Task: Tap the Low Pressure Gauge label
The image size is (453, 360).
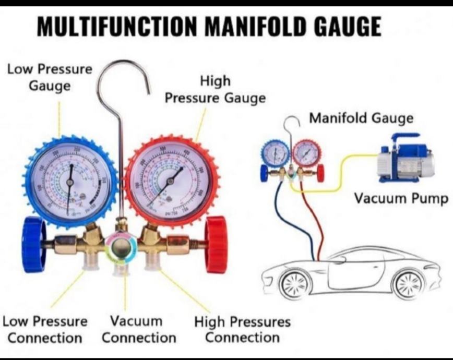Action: coord(50,77)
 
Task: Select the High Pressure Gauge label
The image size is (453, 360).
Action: coord(215,89)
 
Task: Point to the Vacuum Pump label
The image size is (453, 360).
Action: coord(401,199)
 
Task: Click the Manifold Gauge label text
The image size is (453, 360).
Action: coord(361,118)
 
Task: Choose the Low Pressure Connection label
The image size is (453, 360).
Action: coord(45,329)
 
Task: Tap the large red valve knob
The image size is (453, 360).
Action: coord(216,245)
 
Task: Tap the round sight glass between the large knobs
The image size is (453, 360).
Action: coord(122,248)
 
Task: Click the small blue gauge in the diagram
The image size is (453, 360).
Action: coord(275,153)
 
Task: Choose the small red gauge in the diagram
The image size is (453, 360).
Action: coord(306,153)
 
